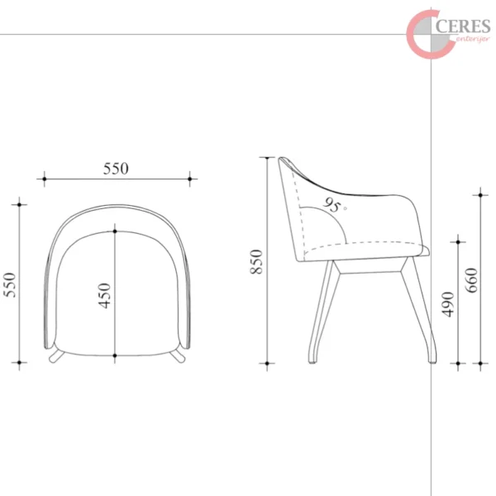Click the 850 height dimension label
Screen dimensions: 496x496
coord(256,261)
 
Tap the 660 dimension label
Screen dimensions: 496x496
coord(471,280)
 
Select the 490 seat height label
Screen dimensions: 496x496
coord(448,304)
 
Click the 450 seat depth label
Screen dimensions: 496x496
coord(104,295)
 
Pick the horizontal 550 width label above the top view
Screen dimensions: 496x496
coord(116,169)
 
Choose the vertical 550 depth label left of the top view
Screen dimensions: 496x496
coord(9,284)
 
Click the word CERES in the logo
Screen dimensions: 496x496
coord(463,26)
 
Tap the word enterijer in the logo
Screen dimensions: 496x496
coord(473,40)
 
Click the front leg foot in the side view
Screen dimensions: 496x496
coord(432,360)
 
